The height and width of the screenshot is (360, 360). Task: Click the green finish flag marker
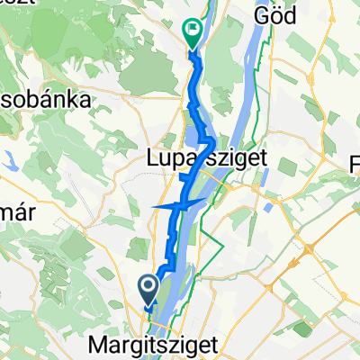point(193,32)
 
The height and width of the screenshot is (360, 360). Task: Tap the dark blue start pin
point(149,289)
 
